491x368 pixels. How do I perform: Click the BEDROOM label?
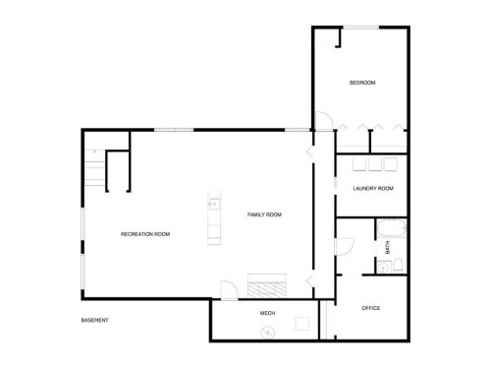click(362, 83)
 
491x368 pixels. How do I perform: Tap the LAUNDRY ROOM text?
click(373, 188)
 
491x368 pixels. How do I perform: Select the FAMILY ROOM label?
click(264, 214)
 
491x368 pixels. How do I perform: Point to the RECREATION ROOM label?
click(145, 233)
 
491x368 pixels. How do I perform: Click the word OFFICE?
click(370, 308)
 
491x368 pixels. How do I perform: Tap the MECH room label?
click(266, 313)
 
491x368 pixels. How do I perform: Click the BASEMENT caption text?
click(94, 321)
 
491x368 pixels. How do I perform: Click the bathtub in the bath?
click(384, 229)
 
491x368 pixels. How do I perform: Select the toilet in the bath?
click(381, 264)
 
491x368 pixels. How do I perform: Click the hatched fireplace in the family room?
click(267, 286)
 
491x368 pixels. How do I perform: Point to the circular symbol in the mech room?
click(265, 331)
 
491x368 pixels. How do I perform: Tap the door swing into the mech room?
click(227, 291)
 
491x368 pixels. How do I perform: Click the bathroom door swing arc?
click(346, 246)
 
